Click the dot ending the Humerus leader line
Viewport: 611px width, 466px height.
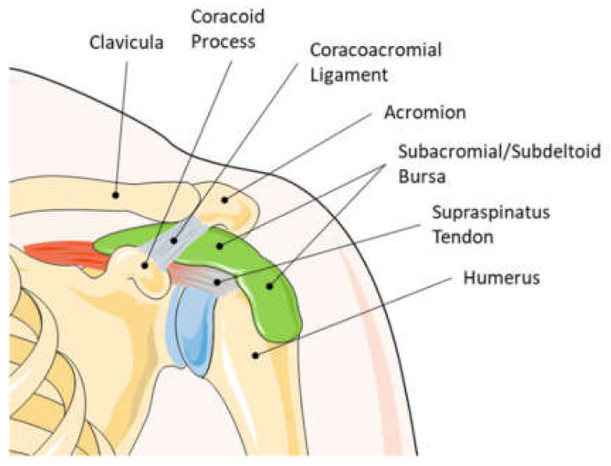tap(258, 355)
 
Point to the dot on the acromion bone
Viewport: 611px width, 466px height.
tap(225, 199)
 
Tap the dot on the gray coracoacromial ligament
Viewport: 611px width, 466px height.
tap(175, 239)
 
